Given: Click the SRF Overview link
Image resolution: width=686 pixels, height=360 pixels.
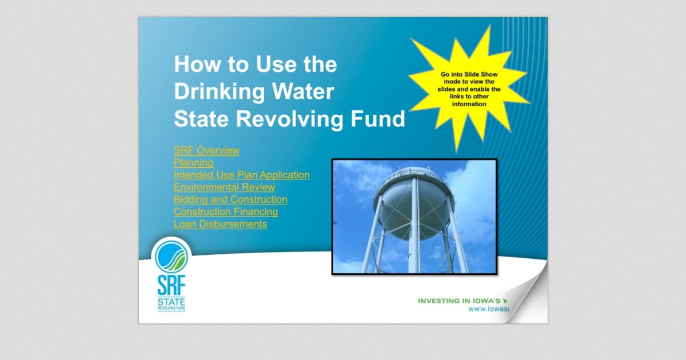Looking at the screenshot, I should coord(206,151).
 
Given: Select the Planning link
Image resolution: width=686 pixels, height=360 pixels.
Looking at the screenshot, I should coord(193,163).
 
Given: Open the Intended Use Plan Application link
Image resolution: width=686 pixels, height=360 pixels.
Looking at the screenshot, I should coord(241,175).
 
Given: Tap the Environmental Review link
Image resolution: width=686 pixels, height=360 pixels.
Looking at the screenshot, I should coord(224,187).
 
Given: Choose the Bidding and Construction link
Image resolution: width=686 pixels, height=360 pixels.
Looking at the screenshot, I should coord(230,199).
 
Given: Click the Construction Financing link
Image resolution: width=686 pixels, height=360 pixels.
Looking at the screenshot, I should coord(226,212).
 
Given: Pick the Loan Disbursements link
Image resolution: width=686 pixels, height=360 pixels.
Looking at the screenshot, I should coord(220,224).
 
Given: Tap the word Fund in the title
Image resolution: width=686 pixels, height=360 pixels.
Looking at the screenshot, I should coord(380,119).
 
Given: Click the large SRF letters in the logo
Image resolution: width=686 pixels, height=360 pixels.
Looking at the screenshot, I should coord(171,285).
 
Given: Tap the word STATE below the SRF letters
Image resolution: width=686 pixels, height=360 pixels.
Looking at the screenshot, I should coord(171,301).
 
